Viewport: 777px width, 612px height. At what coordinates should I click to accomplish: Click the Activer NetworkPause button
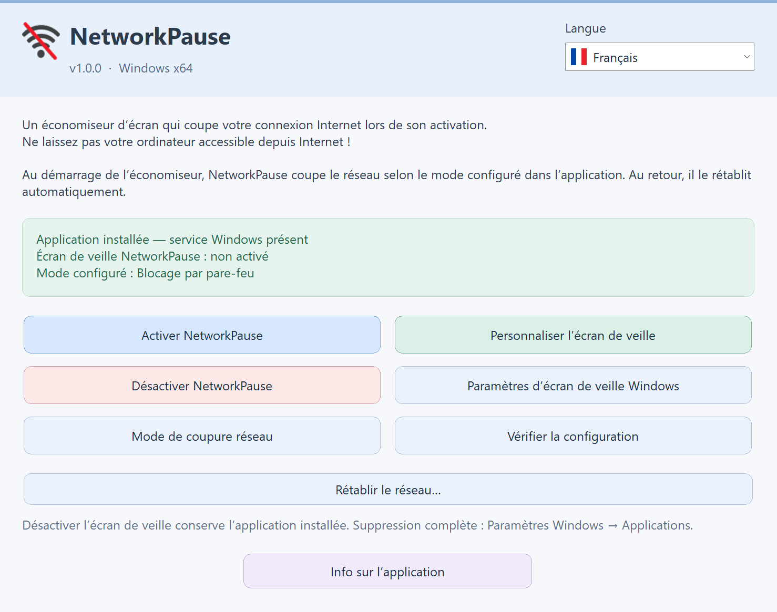coord(202,335)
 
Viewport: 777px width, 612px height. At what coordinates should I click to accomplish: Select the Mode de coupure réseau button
coord(202,435)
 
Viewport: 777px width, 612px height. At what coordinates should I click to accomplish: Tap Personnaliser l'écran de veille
coord(573,335)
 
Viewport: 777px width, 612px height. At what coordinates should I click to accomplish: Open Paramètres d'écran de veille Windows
coord(573,386)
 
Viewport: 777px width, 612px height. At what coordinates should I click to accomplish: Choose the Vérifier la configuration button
coord(573,435)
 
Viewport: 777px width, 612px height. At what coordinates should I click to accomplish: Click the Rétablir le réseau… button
coord(388,489)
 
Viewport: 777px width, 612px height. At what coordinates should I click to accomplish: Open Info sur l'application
coord(387,571)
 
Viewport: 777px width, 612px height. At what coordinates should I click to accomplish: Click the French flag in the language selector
coord(579,57)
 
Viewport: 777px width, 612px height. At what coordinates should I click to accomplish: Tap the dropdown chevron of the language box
coord(747,57)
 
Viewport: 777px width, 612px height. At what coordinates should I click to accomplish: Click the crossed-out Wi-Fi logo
coord(40,40)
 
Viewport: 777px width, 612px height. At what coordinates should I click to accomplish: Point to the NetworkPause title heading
coord(150,36)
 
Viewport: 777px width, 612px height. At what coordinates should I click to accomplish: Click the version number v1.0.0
coord(85,68)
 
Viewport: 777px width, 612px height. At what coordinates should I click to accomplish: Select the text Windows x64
coord(156,68)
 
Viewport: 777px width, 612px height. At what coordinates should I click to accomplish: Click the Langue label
coord(585,28)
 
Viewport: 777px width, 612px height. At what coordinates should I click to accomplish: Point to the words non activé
coord(239,256)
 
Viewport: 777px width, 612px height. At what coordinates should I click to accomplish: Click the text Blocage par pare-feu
coord(196,273)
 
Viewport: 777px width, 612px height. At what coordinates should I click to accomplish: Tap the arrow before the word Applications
coord(613,526)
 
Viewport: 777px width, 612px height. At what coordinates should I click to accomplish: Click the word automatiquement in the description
coord(74,192)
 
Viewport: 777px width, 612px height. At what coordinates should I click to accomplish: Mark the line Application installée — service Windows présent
coord(172,239)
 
